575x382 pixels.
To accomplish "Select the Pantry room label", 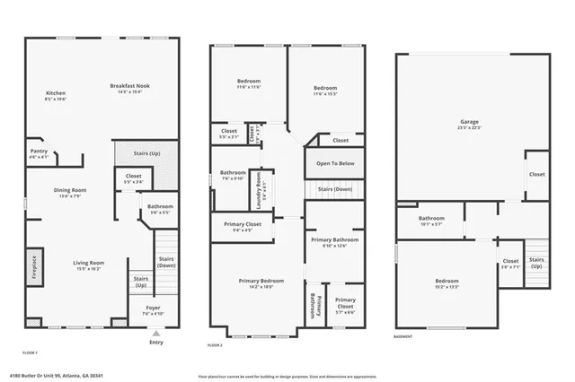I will click(39, 153).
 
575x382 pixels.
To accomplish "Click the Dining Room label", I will click(70, 193).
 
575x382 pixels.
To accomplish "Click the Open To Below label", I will click(334, 163).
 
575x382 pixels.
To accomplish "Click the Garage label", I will click(469, 123).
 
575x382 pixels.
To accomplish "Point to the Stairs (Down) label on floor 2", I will click(334, 189).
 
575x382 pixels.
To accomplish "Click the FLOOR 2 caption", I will click(215, 345).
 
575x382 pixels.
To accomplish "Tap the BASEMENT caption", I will click(403, 337).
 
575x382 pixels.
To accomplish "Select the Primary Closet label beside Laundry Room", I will click(242, 226).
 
